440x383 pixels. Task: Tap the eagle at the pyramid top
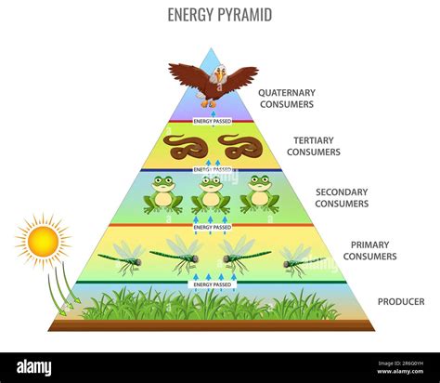(213, 81)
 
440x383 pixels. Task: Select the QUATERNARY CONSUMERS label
(287, 99)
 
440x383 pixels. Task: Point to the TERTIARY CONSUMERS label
(313, 146)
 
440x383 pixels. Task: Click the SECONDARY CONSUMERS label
(342, 197)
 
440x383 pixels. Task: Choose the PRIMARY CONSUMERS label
(369, 250)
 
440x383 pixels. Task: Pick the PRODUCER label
(401, 301)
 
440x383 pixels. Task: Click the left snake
(185, 146)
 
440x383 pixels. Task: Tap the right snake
(240, 146)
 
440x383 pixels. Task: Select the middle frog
(212, 194)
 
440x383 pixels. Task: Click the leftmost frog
(163, 194)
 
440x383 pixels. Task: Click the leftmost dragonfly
(121, 256)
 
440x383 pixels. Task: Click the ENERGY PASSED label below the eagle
(213, 121)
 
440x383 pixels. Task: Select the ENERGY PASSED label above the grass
(213, 284)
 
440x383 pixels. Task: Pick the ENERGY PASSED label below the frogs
(213, 227)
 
